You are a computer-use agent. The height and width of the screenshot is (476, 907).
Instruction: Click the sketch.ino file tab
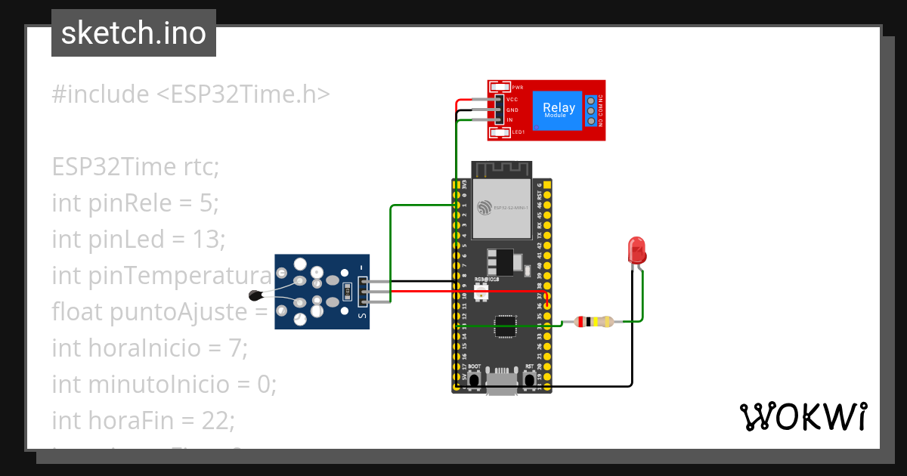click(x=134, y=33)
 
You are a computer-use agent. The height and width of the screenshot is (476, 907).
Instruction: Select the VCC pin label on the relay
click(x=512, y=99)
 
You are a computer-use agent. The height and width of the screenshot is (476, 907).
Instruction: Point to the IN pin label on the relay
click(x=510, y=120)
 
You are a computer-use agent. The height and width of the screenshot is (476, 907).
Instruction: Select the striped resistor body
click(x=594, y=322)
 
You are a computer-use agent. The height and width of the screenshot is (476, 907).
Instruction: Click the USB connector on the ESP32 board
click(x=501, y=383)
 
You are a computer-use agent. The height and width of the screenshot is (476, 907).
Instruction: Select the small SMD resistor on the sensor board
click(x=347, y=290)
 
